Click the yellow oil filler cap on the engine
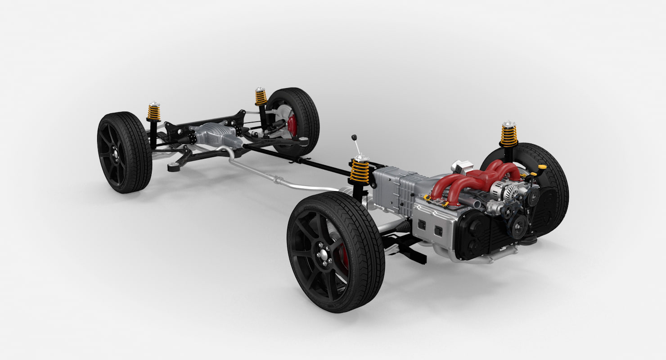(x=542, y=167)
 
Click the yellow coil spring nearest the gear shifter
(x=360, y=171)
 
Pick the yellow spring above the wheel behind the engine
(x=509, y=135)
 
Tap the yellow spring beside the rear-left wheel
(x=154, y=112)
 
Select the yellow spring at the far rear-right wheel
(x=261, y=97)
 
